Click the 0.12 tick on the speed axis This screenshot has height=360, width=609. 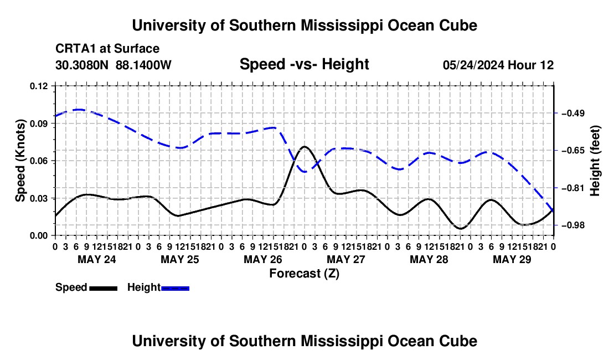click(x=39, y=86)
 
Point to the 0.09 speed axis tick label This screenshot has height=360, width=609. click(x=39, y=124)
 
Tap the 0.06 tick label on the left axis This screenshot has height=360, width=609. click(x=39, y=161)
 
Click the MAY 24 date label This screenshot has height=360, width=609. click(x=97, y=259)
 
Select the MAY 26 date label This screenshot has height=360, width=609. click(x=263, y=259)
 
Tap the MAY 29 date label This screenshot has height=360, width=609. click(x=512, y=259)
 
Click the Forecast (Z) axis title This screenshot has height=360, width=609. click(x=304, y=274)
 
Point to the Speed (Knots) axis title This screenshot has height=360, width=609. click(x=20, y=161)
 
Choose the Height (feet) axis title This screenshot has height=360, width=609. click(x=595, y=161)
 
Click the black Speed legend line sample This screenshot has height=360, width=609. click(x=104, y=288)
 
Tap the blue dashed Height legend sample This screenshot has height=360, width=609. click(x=175, y=288)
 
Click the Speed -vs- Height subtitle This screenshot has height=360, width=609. click(x=304, y=64)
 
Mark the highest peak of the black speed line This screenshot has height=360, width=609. click(x=304, y=147)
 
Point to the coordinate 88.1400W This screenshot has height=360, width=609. click(x=143, y=65)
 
